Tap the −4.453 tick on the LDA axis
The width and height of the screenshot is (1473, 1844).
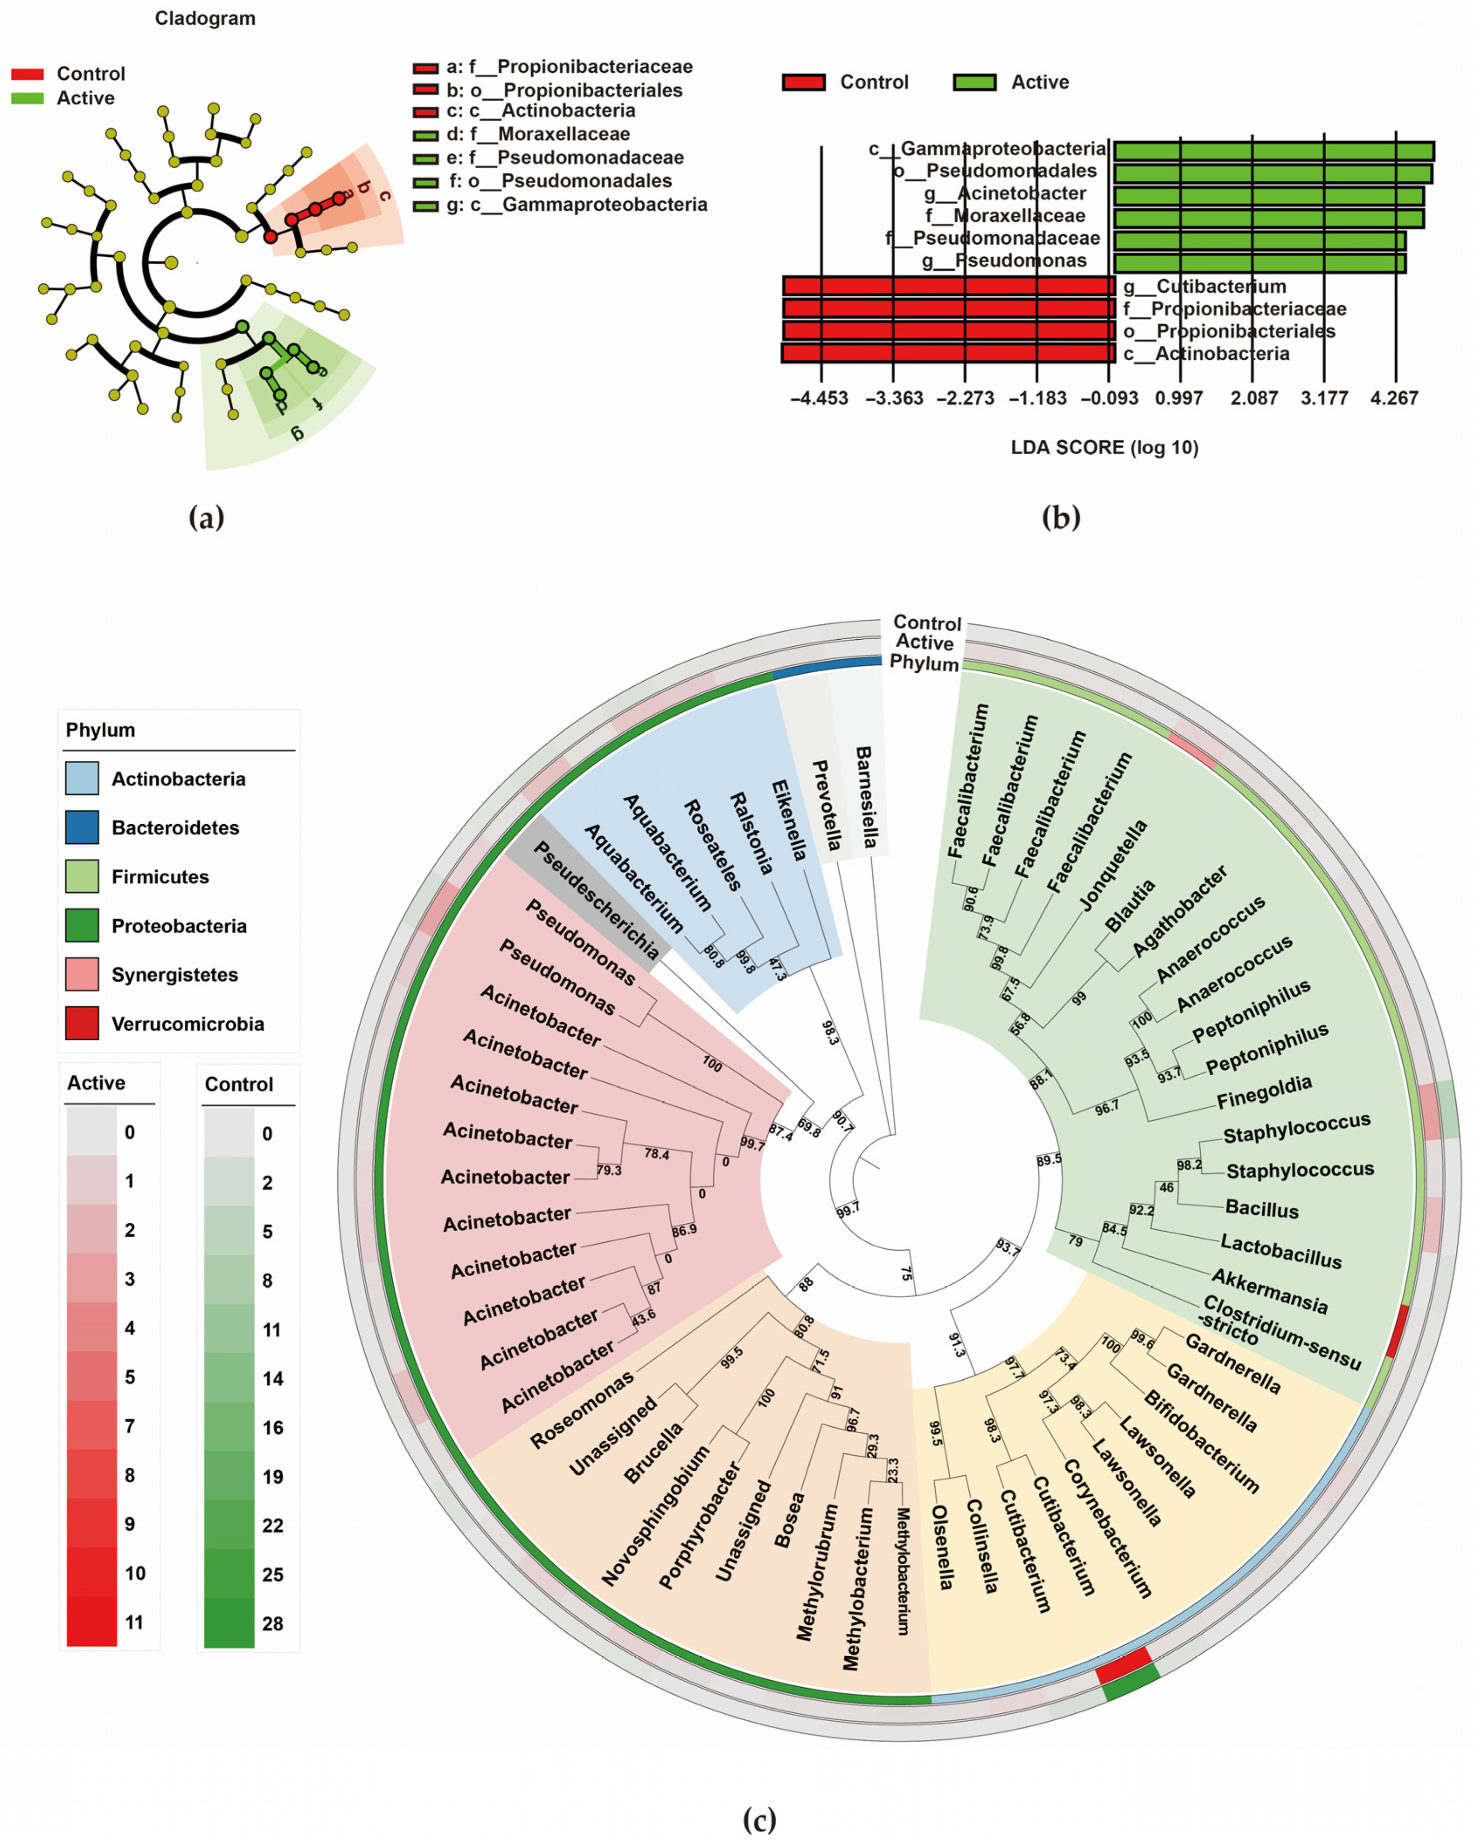(x=819, y=398)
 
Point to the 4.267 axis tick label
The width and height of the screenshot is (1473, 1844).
(x=1394, y=398)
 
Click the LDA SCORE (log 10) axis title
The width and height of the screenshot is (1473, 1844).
(x=1105, y=447)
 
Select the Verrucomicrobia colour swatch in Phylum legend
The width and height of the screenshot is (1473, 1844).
(x=82, y=1023)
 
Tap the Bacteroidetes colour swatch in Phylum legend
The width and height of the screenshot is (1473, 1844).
(x=82, y=827)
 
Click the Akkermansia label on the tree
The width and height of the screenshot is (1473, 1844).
(x=1269, y=1291)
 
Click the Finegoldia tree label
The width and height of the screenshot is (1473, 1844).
(x=1263, y=1092)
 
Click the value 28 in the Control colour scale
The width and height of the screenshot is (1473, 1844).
(x=272, y=1623)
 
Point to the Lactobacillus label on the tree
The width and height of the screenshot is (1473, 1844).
(x=1281, y=1251)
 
